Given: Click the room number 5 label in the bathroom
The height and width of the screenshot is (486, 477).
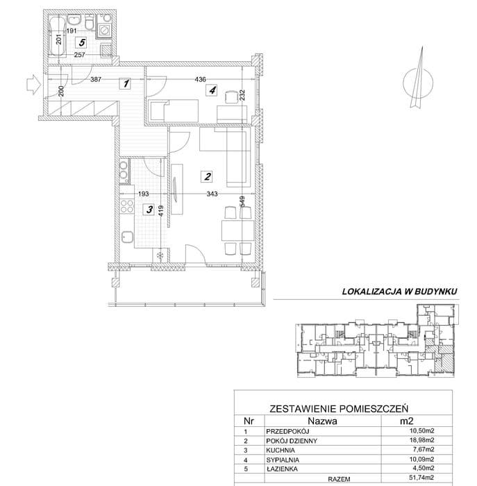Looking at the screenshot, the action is coord(82,42).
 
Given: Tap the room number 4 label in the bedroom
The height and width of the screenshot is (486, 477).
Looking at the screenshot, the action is coord(212,90).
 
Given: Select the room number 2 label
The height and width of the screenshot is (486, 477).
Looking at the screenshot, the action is coord(207,176).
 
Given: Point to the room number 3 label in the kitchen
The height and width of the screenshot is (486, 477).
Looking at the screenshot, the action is coord(149,210).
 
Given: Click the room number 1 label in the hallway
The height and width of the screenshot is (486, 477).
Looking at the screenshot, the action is coord(125,83).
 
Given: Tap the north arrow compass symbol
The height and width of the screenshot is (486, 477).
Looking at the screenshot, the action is coord(418,79).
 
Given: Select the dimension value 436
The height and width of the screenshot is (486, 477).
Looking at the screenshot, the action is coord(200,79).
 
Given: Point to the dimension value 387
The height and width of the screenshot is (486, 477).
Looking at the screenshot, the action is coord(96,79).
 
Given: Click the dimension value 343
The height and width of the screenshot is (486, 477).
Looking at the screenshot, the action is coord(212,194).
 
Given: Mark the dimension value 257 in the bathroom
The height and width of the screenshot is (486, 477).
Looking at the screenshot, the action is coord(80,55).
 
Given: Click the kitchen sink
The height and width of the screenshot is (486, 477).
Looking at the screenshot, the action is coord(127,237).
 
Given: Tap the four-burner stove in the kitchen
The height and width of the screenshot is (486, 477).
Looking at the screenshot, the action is coord(127,207).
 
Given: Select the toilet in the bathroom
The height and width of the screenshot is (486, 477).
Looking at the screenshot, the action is coord(90,22).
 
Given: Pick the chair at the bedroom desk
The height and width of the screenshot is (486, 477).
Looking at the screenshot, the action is coord(231,97).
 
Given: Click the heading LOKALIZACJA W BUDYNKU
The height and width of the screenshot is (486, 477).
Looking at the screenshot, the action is coord(399,292).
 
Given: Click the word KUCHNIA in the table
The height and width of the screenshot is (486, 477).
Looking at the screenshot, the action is coord(281,450).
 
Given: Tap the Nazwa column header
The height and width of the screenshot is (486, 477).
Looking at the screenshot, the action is coord(322,421).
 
